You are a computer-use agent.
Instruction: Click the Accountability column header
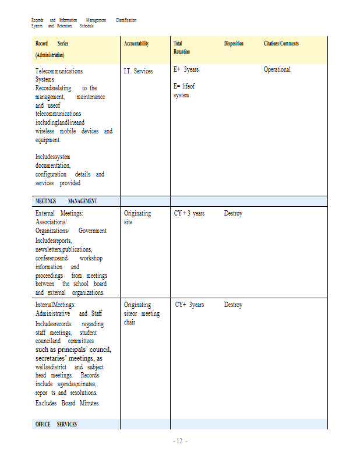tap(136, 44)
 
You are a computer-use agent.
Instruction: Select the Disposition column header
tap(234, 44)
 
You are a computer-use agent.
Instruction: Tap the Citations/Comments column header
tap(281, 44)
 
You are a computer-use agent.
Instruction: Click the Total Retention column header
tap(178, 48)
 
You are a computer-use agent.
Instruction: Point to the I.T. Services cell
tap(138, 71)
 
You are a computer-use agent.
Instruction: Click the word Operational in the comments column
tap(277, 69)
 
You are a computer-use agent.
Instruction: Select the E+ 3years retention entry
tap(186, 69)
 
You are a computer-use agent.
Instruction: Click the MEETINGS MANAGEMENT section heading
tap(66, 201)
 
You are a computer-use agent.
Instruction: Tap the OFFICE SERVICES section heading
tap(56, 424)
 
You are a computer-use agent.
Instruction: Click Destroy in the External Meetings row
tap(233, 213)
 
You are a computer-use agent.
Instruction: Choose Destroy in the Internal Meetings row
tap(233, 305)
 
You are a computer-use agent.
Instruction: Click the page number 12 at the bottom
tap(179, 442)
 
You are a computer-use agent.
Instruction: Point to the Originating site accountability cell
tap(137, 217)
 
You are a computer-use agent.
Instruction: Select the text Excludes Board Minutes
tap(67, 403)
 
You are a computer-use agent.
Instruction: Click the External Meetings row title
tap(59, 213)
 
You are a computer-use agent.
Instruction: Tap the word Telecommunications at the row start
tap(59, 71)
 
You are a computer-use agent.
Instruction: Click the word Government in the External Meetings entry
tap(92, 231)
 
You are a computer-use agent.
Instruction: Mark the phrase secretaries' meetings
tap(64, 358)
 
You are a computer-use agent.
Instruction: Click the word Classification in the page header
tap(126, 20)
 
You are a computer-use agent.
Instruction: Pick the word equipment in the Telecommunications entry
tap(47, 140)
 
